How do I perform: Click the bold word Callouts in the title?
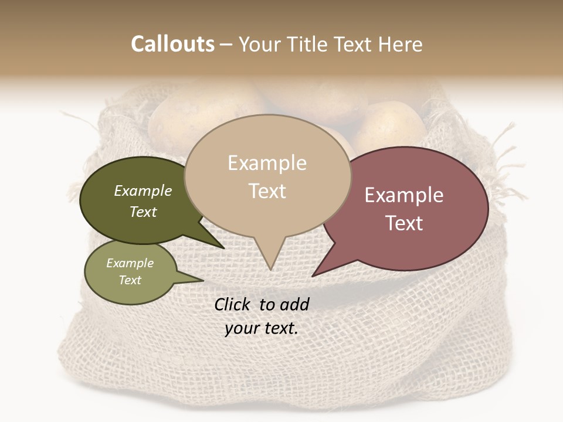[x=172, y=44]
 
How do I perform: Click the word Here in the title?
[x=401, y=44]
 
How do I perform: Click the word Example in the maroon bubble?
[x=404, y=195]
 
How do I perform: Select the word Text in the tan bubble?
[x=267, y=190]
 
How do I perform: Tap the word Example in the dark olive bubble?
[x=143, y=190]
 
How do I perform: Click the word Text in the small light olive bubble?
[x=130, y=280]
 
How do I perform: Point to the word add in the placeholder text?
[x=294, y=304]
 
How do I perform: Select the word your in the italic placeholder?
[x=242, y=328]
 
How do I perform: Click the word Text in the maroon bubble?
[x=404, y=223]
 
